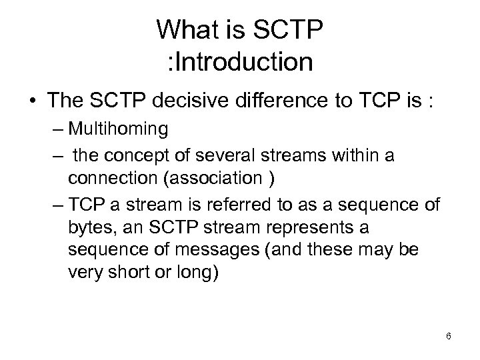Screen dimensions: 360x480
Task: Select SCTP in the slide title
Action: pyautogui.click(x=288, y=29)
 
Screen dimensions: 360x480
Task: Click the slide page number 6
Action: pyautogui.click(x=449, y=336)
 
